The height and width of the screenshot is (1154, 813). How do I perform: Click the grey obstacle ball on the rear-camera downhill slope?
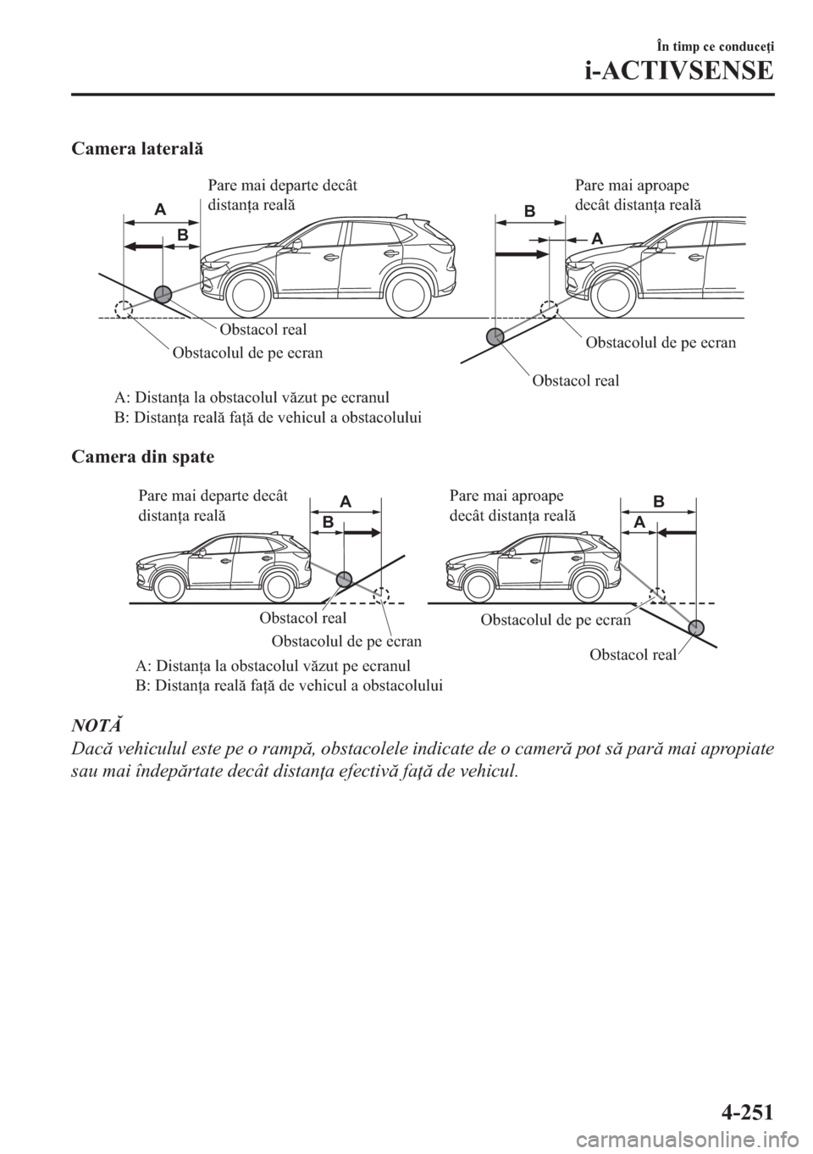click(x=696, y=628)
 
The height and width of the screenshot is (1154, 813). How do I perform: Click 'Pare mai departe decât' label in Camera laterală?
click(x=281, y=186)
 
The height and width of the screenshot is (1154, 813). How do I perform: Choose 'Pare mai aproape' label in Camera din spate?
click(x=506, y=496)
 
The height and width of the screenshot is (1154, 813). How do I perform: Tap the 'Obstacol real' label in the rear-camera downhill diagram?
click(x=632, y=653)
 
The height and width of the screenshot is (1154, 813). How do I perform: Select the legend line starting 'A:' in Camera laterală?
click(x=252, y=397)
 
